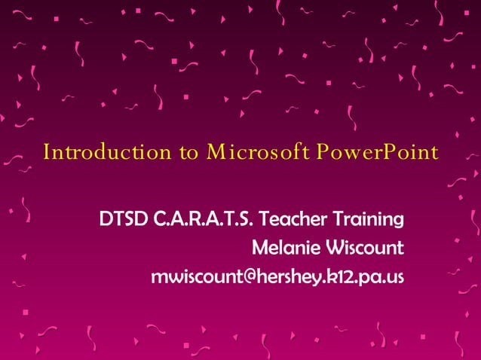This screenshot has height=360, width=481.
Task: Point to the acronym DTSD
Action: click(124, 220)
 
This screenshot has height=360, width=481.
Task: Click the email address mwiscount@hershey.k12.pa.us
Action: click(277, 276)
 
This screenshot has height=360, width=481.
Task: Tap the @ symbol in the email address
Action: click(235, 276)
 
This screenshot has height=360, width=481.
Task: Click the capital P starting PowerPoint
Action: click(321, 153)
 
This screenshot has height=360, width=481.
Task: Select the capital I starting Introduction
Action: click(47, 153)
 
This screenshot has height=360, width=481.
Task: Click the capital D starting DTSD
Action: click(105, 220)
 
